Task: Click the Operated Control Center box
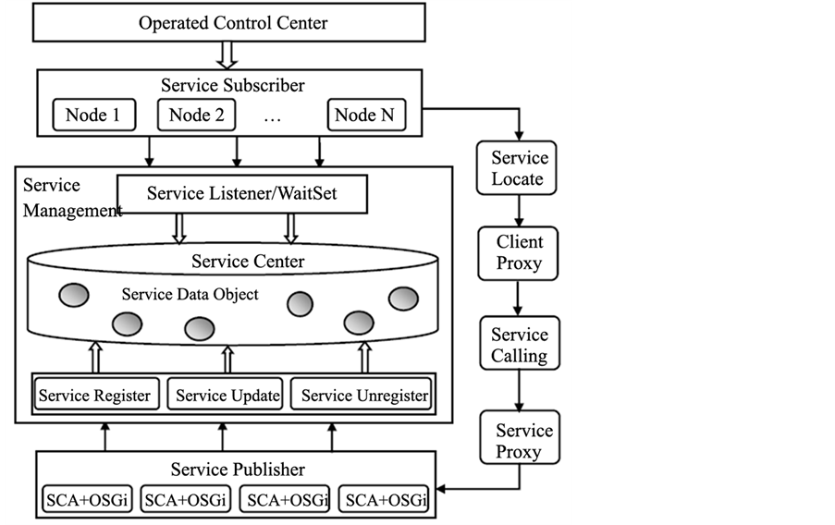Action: [x=233, y=22]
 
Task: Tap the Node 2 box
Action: [x=197, y=116]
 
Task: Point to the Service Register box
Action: [x=96, y=395]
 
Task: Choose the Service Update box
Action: [x=227, y=395]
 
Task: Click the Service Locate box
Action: [x=518, y=167]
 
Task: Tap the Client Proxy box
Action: [x=518, y=253]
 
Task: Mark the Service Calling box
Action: [x=519, y=345]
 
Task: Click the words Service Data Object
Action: [x=190, y=295]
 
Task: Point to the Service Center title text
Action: [x=248, y=262]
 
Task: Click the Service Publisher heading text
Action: [x=238, y=470]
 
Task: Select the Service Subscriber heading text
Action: [x=233, y=86]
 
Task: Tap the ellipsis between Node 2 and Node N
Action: [x=271, y=118]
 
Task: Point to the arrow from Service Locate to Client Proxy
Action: [x=519, y=211]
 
